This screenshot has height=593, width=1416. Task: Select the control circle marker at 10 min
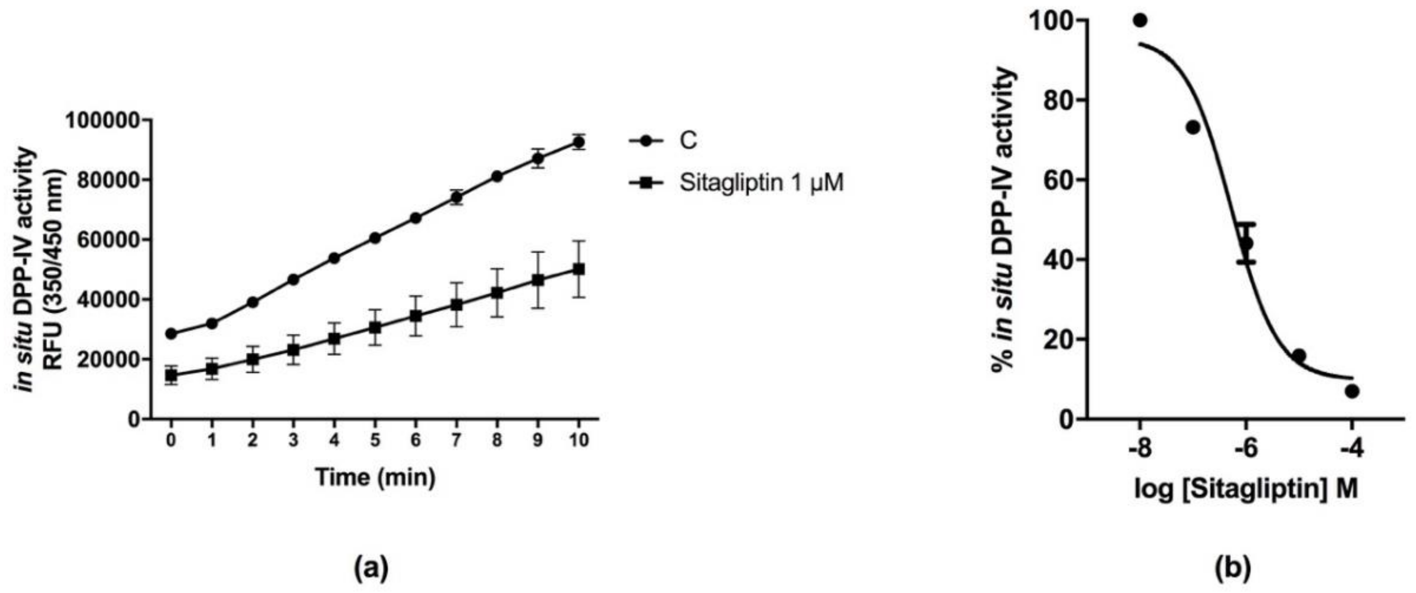(x=578, y=142)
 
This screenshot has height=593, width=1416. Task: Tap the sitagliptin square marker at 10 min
(x=578, y=269)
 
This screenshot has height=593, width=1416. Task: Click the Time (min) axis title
(x=375, y=476)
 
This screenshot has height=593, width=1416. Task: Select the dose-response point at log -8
(x=1140, y=20)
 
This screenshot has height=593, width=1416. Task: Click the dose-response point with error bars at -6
(x=1247, y=243)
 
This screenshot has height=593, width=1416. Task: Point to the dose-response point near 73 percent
(x=1193, y=127)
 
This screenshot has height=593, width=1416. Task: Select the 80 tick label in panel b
(x=1053, y=100)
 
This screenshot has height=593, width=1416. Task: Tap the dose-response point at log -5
(x=1299, y=355)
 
